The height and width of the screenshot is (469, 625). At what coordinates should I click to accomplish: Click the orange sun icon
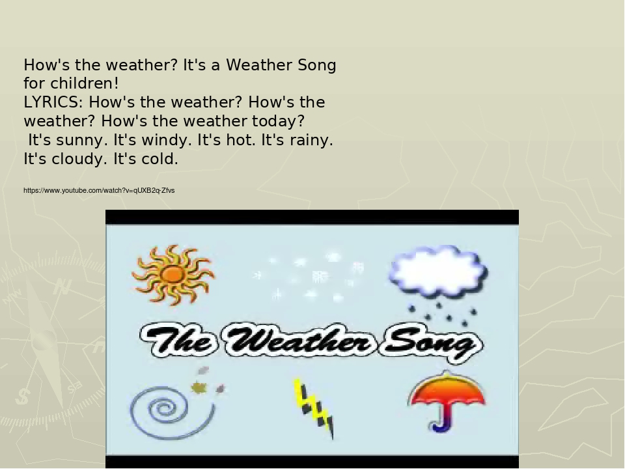click(x=173, y=274)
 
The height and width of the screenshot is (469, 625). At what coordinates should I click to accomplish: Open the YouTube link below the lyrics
click(x=99, y=190)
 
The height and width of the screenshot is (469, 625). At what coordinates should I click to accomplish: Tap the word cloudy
click(x=77, y=160)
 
